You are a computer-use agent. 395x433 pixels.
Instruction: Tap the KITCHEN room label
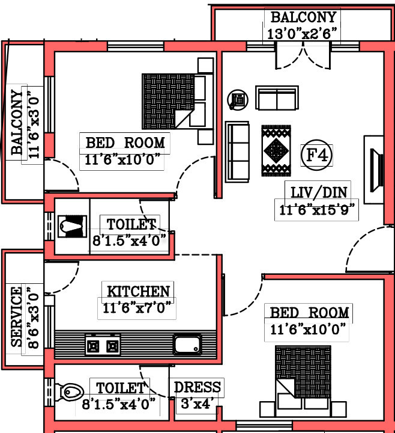click(x=138, y=291)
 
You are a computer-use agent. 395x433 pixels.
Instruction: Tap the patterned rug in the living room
click(x=276, y=151)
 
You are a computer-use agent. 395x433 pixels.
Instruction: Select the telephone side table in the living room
click(x=238, y=100)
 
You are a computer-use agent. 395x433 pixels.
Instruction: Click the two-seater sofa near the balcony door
click(x=277, y=98)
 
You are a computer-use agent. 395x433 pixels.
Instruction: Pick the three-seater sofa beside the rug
click(x=238, y=152)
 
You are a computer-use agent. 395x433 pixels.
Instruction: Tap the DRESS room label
click(x=197, y=387)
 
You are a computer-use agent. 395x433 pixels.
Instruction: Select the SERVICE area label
click(x=16, y=317)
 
